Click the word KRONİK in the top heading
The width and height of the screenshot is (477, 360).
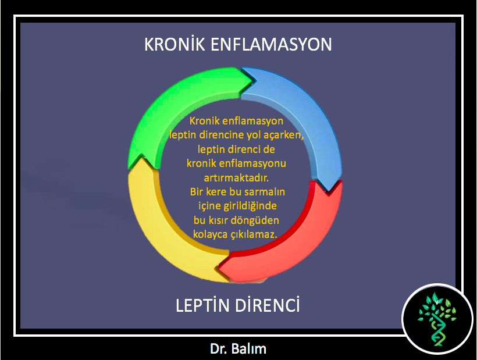(175, 44)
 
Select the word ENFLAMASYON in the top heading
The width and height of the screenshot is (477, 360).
(271, 44)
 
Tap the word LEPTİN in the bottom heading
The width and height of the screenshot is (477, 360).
(202, 305)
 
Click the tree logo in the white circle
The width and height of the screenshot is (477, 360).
(437, 319)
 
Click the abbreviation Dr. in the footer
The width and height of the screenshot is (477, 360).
(218, 349)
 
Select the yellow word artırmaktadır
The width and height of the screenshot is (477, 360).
(236, 177)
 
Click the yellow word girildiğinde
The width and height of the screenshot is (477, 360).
(250, 206)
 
